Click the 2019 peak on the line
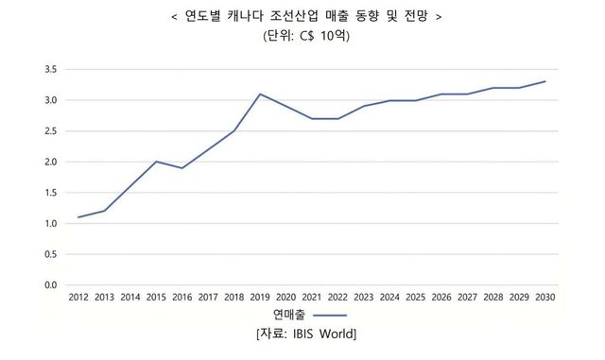coord(259,94)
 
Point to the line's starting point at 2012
coord(78,217)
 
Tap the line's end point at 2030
coord(545,82)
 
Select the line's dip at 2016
coord(181,168)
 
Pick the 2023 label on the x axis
coord(364,298)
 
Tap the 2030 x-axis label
coord(545,298)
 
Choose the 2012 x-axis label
coord(78,298)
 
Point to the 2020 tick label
coord(285,298)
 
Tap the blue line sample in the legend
coord(330,316)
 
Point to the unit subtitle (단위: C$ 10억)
coord(305,38)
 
